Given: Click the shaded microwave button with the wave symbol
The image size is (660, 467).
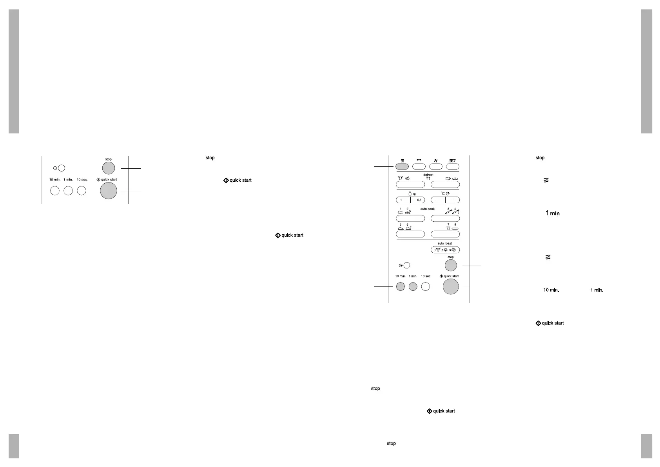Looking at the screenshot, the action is pyautogui.click(x=403, y=166).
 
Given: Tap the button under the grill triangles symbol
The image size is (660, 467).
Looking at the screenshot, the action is pyautogui.click(x=419, y=166).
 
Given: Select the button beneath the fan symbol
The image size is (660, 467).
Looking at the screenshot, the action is pyautogui.click(x=436, y=166).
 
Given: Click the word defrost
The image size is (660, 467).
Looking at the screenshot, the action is pyautogui.click(x=428, y=175).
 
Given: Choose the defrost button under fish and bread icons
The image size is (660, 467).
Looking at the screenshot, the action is pyautogui.click(x=445, y=184).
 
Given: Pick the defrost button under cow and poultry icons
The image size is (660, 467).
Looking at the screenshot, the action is pyautogui.click(x=410, y=184).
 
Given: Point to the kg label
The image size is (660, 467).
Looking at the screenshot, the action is pyautogui.click(x=413, y=194).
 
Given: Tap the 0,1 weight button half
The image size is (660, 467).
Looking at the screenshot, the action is pyautogui.click(x=418, y=200).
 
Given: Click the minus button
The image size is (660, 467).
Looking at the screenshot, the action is pyautogui.click(x=438, y=200).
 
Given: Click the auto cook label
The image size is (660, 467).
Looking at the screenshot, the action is pyautogui.click(x=427, y=209).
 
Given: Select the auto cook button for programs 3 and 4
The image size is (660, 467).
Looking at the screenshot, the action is pyautogui.click(x=445, y=218).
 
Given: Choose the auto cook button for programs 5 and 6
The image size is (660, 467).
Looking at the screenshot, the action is pyautogui.click(x=410, y=234).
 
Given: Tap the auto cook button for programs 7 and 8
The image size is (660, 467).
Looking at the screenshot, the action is pyautogui.click(x=445, y=234).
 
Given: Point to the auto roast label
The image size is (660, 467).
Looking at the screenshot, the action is pyautogui.click(x=445, y=244).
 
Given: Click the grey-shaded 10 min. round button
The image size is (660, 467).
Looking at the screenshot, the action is pyautogui.click(x=400, y=286).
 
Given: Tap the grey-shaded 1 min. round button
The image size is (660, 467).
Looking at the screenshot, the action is pyautogui.click(x=413, y=286).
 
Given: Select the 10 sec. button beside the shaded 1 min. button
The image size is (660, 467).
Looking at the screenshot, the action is pyautogui.click(x=426, y=286).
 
